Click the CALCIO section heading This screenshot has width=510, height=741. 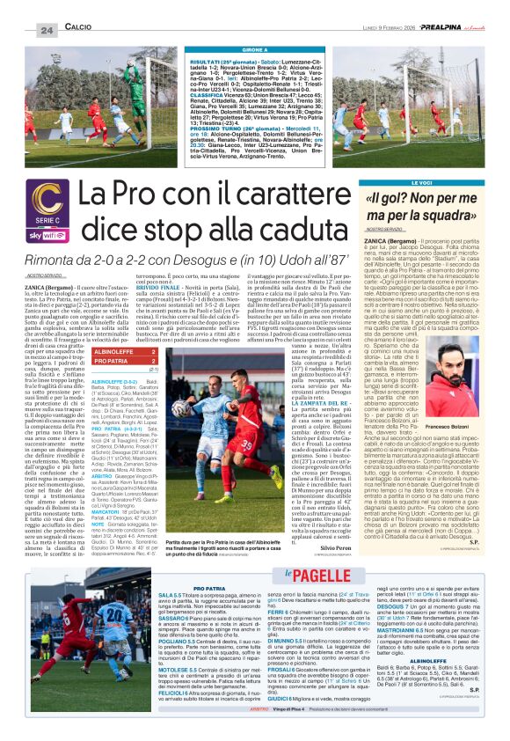pyautogui.click(x=78, y=29)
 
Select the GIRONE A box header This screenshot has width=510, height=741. pyautogui.click(x=255, y=50)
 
